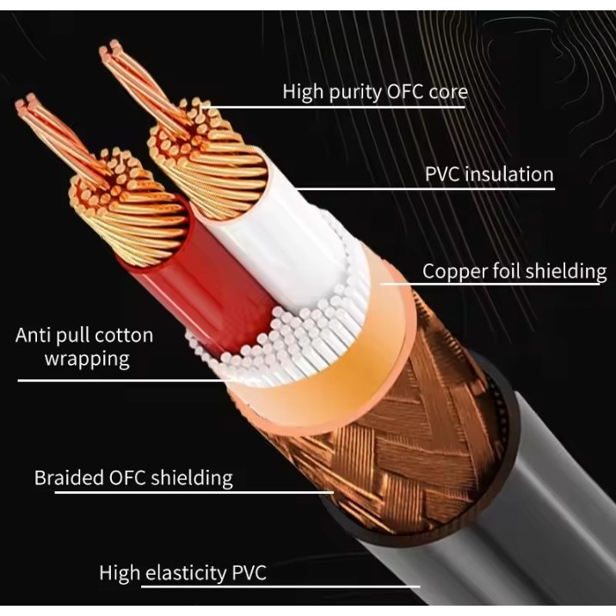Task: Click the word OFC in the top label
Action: click(x=405, y=91)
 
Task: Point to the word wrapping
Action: click(x=87, y=360)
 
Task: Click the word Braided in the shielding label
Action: click(x=68, y=477)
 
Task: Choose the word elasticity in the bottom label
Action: click(x=186, y=573)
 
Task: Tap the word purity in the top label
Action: click(x=355, y=92)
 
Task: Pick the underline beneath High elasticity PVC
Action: click(x=280, y=587)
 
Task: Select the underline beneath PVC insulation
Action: click(x=426, y=189)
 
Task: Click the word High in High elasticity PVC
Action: click(x=120, y=573)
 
